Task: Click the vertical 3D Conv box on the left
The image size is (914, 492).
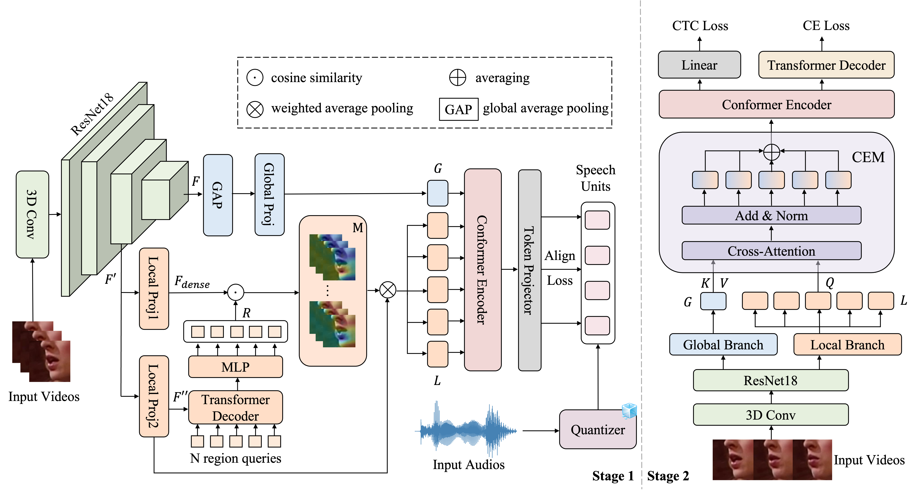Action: click(x=32, y=214)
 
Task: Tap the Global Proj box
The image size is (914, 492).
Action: click(x=269, y=195)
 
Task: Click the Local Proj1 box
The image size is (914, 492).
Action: click(x=154, y=289)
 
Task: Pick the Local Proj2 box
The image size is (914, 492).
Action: click(x=154, y=396)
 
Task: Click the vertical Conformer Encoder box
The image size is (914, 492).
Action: click(x=483, y=270)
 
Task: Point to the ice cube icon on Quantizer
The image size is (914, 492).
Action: click(x=629, y=411)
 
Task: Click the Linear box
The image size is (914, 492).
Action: click(x=699, y=65)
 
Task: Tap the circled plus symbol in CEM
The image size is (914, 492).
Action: click(x=771, y=153)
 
